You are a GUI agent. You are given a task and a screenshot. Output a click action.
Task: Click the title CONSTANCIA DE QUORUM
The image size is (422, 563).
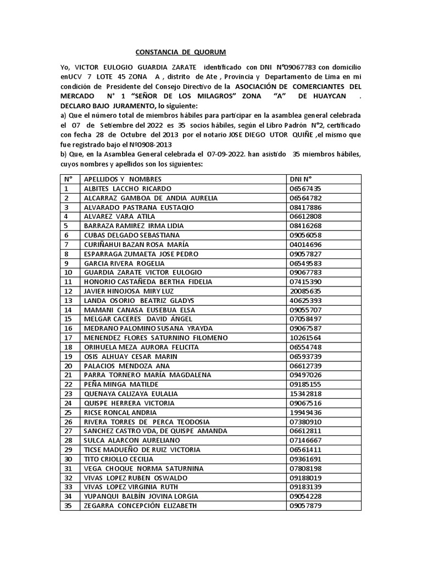180,52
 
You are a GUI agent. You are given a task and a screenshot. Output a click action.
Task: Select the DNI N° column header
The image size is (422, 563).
301,179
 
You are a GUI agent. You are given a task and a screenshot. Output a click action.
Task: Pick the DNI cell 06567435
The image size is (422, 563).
305,188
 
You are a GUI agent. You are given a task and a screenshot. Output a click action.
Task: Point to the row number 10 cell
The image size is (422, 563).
69,272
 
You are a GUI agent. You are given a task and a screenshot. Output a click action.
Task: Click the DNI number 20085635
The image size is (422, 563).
305,291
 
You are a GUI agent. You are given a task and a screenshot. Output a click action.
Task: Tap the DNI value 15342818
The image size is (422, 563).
305,393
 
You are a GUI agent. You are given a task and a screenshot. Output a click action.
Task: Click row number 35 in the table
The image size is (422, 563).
69,505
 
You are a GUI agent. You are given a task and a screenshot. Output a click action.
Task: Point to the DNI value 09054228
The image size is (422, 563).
305,496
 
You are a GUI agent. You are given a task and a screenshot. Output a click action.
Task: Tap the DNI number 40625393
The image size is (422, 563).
305,300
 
